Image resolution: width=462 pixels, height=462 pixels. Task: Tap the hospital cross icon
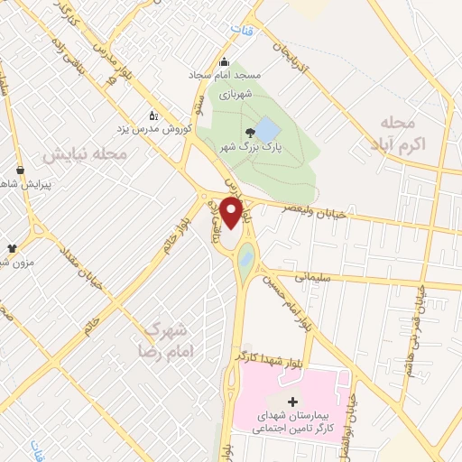coord(292,402)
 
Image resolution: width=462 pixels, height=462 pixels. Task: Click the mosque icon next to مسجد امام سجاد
coord(224,63)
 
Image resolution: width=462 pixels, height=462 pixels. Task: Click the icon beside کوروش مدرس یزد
coord(153,115)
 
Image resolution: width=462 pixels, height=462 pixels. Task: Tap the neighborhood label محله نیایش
coord(86,154)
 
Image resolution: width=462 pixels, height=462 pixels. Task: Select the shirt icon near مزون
coord(12,247)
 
